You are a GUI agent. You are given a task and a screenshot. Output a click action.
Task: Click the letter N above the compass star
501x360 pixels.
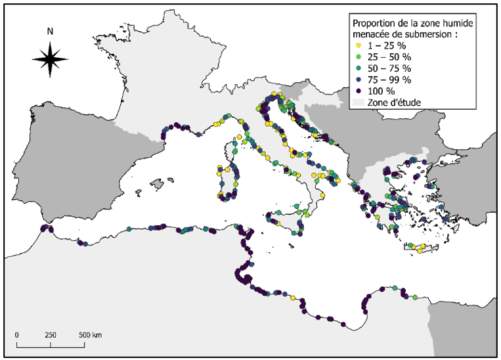coord(51,32)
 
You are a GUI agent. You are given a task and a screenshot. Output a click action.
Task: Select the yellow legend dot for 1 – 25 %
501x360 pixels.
coord(358,46)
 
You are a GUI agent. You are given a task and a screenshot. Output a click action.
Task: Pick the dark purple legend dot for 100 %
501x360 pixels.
coord(358,91)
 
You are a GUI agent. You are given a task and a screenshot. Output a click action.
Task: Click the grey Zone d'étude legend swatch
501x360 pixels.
coord(359,102)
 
